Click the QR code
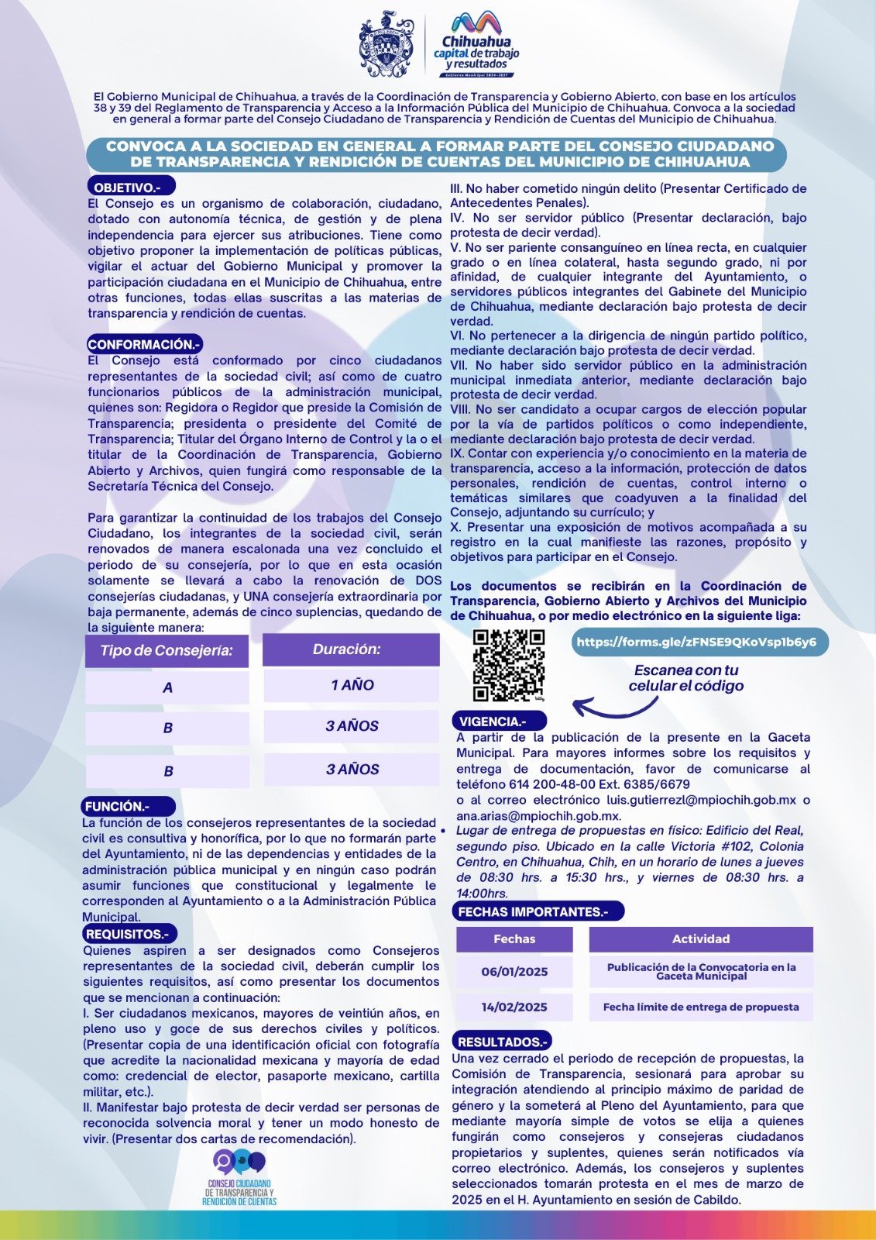tap(509, 665)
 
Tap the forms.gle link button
tap(696, 642)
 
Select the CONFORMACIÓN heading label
tap(145, 344)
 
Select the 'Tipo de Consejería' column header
tap(167, 650)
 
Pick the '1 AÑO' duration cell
tap(352, 685)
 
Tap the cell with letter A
tap(167, 687)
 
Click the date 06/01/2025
tap(514, 972)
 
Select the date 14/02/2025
tap(514, 1007)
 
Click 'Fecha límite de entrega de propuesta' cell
tap(701, 1007)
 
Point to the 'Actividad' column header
tap(701, 939)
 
